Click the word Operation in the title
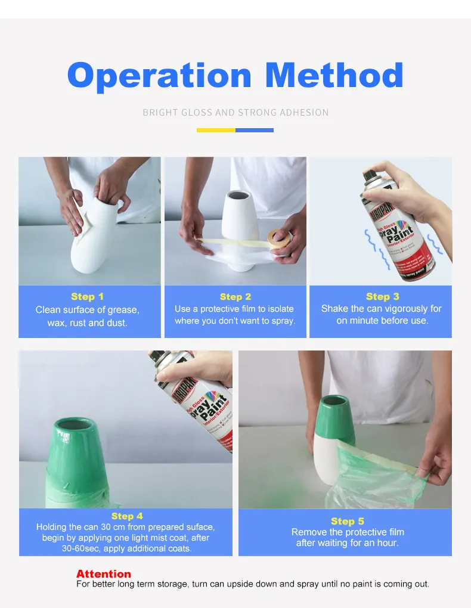coord(160,76)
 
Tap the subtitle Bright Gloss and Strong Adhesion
coord(235,112)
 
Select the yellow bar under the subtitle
coord(216,130)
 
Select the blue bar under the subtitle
coord(255,130)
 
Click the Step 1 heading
coord(87,296)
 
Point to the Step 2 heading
coord(235,296)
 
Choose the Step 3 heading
coord(382,296)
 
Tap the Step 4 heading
coord(127,516)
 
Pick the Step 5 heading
coord(347,521)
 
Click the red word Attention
coord(103,573)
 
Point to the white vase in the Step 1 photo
coord(98,238)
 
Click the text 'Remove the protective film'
coord(347,532)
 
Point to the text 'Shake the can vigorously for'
coord(381,309)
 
